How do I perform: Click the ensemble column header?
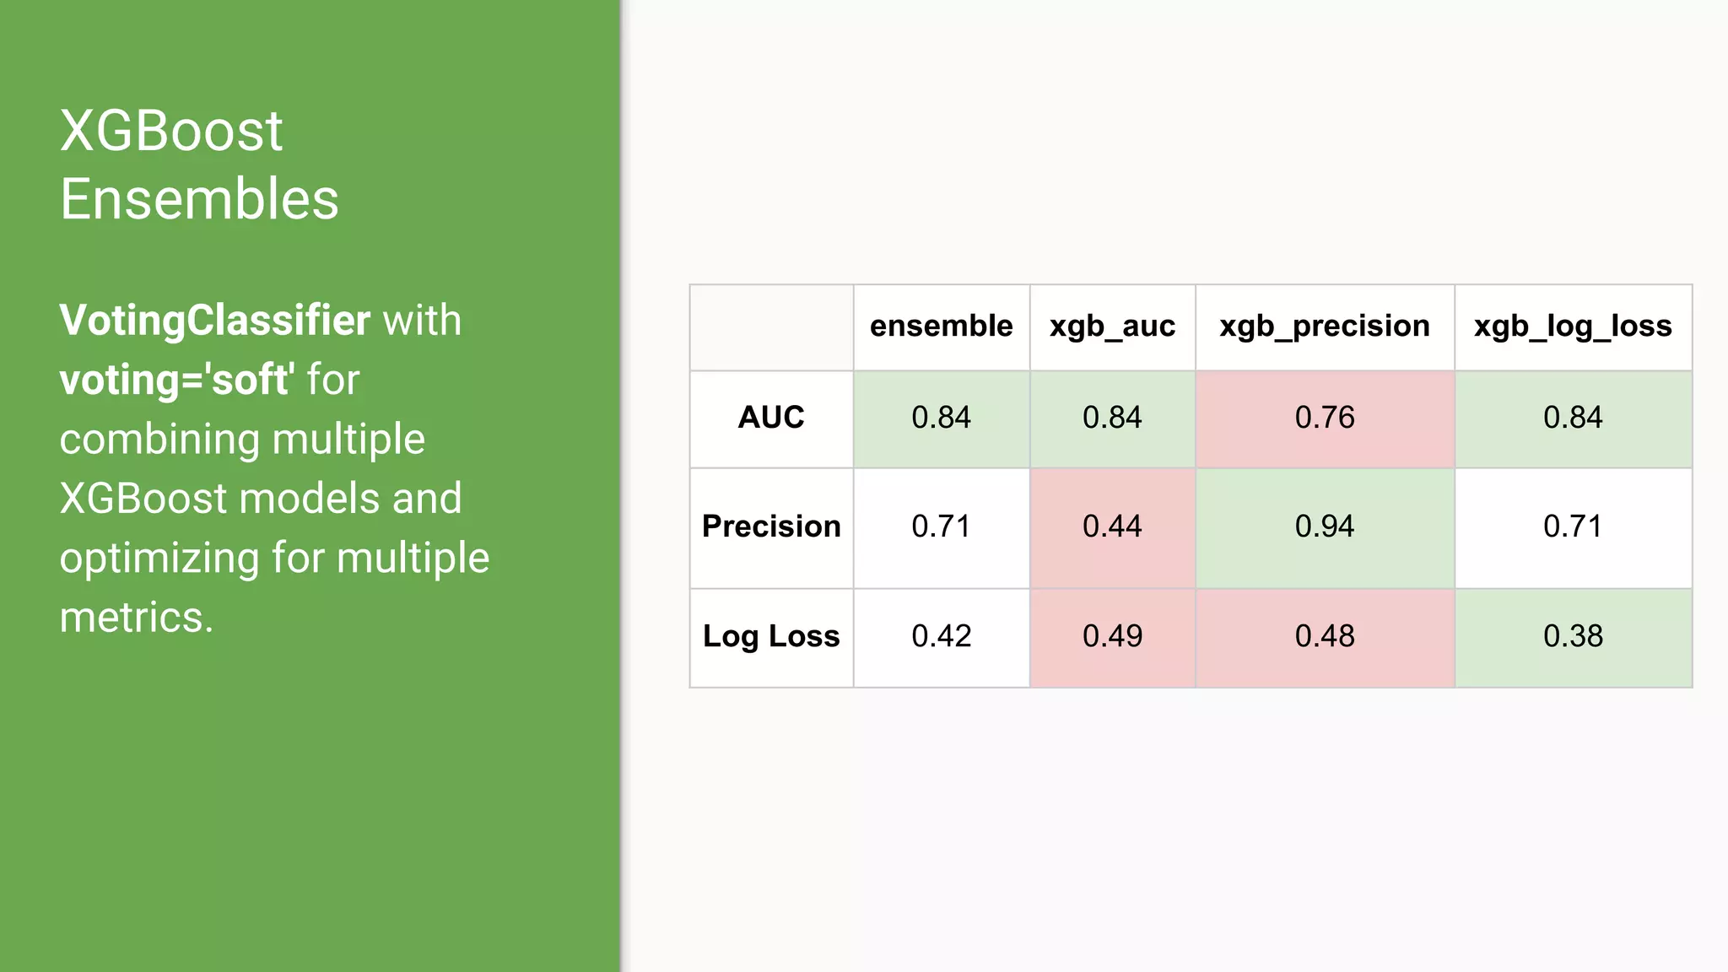pos(941,327)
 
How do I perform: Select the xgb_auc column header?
pos(1112,327)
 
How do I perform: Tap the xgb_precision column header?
pos(1324,327)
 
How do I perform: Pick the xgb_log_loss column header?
pos(1573,327)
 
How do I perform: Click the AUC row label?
pos(771,418)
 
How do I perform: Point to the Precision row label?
pos(771,526)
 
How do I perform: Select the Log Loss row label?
pos(771,636)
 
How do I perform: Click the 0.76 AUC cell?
pos(1324,418)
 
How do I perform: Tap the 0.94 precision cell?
pos(1324,526)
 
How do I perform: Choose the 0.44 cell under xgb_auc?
pos(1112,526)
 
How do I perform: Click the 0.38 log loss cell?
pos(1573,636)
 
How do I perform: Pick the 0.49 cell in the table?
pos(1112,636)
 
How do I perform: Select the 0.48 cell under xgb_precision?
pos(1324,636)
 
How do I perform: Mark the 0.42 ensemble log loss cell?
pos(941,636)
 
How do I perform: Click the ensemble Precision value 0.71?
pos(941,526)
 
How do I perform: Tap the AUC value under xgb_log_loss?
pos(1573,418)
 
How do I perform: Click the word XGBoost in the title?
pos(171,132)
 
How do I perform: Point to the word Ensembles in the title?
pos(199,200)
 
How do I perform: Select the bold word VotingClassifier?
pos(214,321)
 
